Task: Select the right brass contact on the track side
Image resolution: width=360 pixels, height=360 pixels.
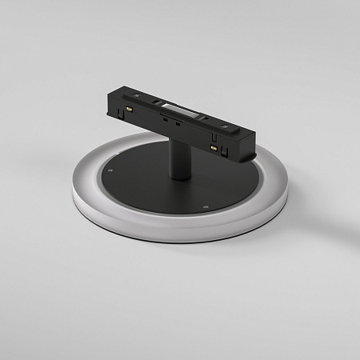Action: click(213, 148)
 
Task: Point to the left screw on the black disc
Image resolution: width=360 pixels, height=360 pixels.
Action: click(113, 170)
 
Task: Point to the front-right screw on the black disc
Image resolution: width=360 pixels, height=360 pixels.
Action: click(206, 206)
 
